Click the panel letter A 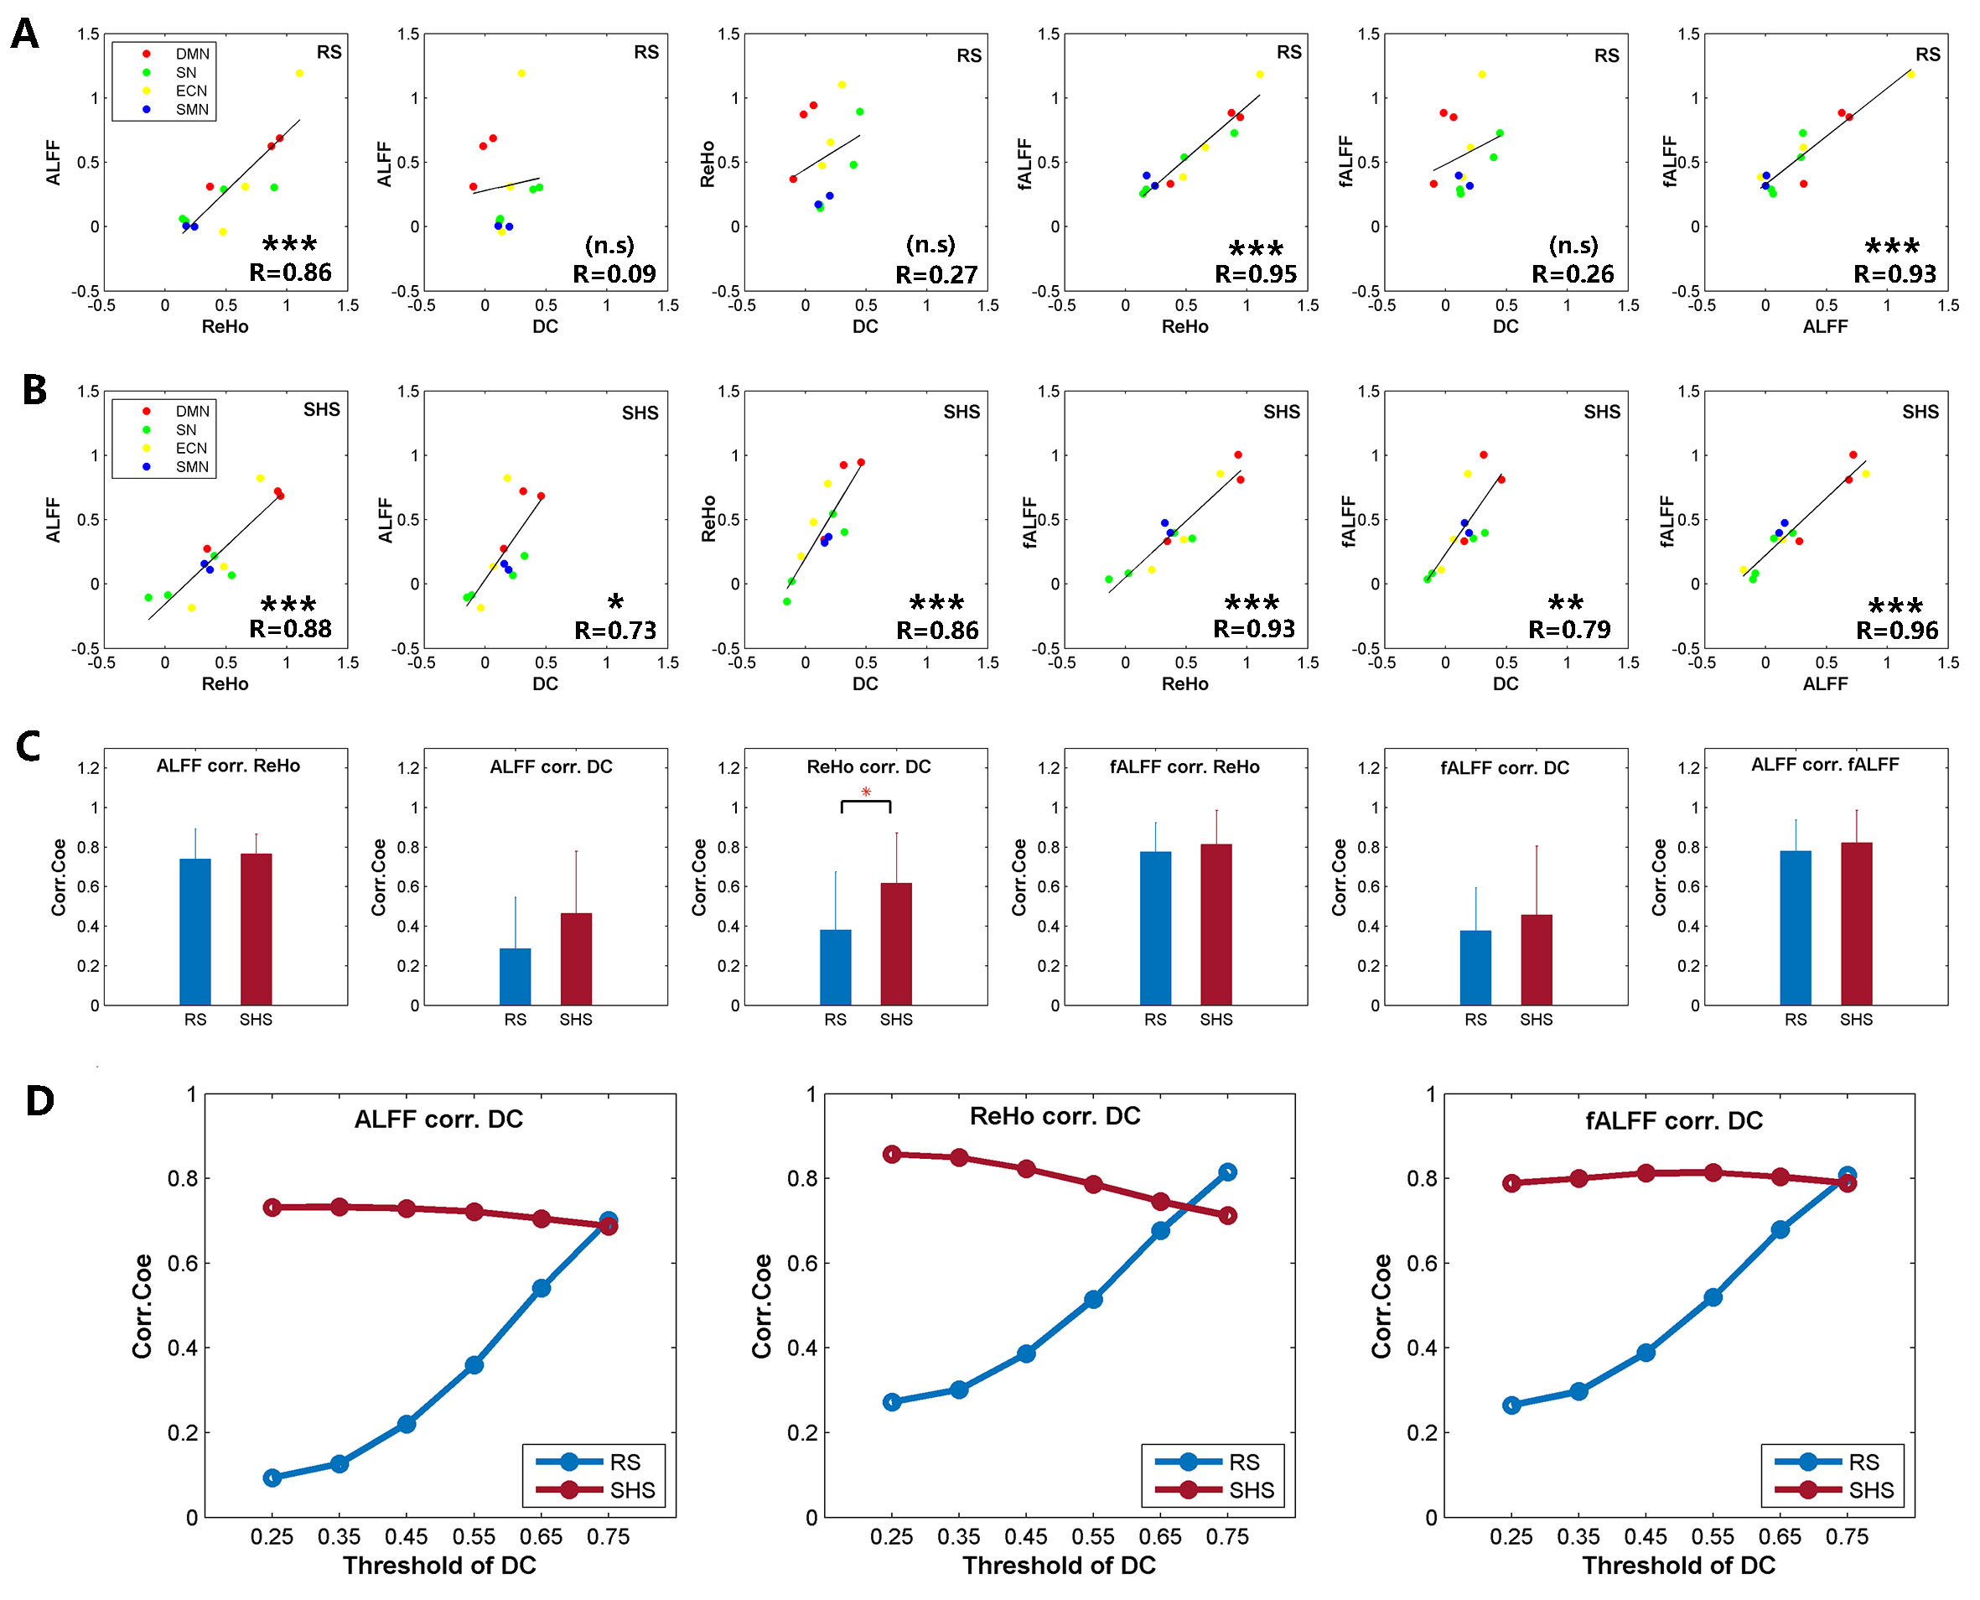tap(25, 34)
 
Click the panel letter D tap(39, 1100)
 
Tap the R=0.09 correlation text tap(614, 273)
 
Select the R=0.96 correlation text tap(1896, 631)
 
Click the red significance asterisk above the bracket tap(865, 792)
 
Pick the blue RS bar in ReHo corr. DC tap(835, 967)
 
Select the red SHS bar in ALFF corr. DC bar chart tap(576, 958)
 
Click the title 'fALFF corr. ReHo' tap(1184, 766)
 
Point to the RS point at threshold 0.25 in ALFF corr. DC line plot tap(272, 1478)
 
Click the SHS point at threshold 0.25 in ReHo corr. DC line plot tap(891, 1154)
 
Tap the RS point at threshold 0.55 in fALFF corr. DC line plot tap(1712, 1296)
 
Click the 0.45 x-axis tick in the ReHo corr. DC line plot tap(1025, 1536)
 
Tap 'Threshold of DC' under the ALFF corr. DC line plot tap(439, 1565)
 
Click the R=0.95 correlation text tap(1255, 273)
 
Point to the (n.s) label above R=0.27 tap(930, 244)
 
